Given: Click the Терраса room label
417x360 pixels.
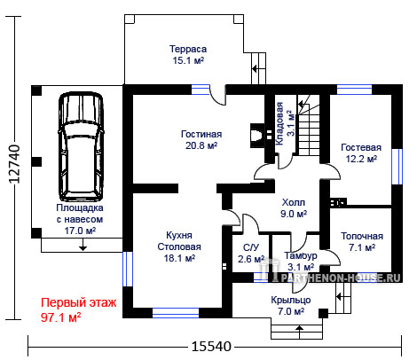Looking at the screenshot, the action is [x=188, y=55].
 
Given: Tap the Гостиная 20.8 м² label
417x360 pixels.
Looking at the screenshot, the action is [x=201, y=140].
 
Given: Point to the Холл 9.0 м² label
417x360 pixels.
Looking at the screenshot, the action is [x=294, y=208].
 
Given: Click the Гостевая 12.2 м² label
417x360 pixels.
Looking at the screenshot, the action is [x=361, y=153].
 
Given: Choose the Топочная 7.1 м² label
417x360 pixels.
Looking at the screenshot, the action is [x=362, y=242].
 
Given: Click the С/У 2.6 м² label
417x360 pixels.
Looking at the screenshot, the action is [x=251, y=254].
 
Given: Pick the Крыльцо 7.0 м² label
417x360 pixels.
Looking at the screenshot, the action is [x=291, y=306].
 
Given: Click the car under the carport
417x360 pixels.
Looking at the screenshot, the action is [x=82, y=147].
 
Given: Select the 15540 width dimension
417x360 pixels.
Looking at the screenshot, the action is [x=211, y=346].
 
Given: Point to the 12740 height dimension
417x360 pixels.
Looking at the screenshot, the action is [x=14, y=164].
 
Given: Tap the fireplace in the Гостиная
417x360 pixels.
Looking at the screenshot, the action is [x=257, y=136].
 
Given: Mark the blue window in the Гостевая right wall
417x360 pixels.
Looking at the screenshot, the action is [x=397, y=167].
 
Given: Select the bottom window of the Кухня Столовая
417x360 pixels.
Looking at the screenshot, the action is [x=176, y=313].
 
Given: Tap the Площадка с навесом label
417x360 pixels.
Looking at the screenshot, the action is [x=80, y=219].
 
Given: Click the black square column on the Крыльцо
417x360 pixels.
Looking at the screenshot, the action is [x=323, y=313].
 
